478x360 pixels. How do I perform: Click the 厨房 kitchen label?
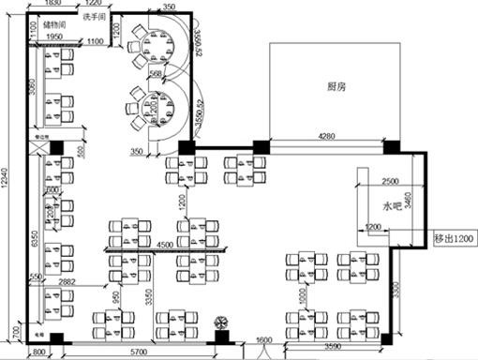click(x=336, y=86)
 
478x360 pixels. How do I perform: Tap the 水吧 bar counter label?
click(x=392, y=205)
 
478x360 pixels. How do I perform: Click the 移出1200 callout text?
click(x=455, y=239)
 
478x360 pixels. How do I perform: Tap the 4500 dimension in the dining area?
click(x=163, y=246)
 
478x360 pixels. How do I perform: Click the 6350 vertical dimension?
click(x=33, y=239)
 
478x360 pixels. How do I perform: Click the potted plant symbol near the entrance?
click(x=222, y=322)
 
